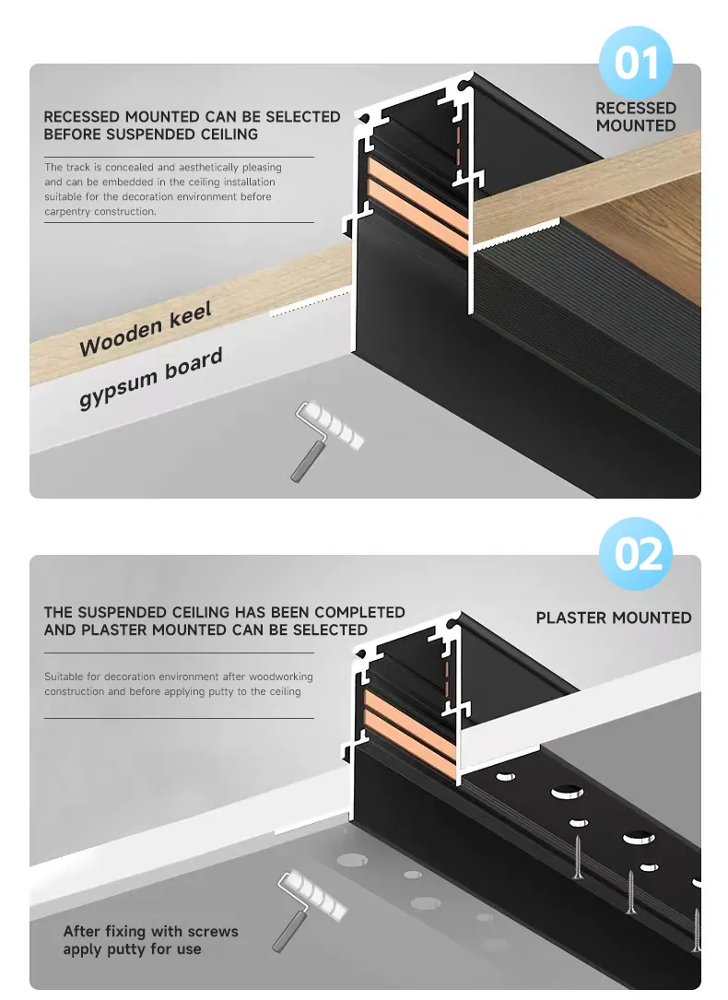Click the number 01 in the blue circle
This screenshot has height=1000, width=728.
click(636, 64)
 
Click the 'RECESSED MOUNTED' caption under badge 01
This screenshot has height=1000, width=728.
click(636, 116)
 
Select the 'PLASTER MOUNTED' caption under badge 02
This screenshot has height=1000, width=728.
click(614, 618)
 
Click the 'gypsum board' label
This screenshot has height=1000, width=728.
click(151, 379)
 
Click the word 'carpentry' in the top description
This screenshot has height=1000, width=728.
click(67, 211)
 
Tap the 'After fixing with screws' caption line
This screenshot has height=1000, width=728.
click(150, 932)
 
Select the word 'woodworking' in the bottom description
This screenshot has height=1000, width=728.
click(276, 676)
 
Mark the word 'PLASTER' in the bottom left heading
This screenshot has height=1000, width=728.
click(112, 629)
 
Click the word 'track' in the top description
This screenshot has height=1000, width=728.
click(81, 168)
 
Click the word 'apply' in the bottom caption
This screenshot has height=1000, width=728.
click(84, 949)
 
